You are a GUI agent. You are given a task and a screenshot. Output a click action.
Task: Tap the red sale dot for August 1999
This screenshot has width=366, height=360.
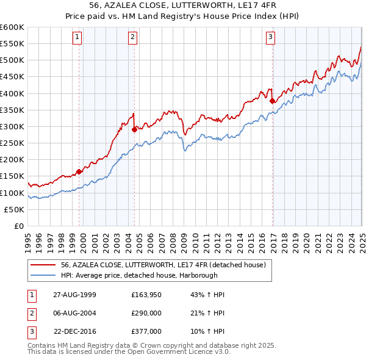79,171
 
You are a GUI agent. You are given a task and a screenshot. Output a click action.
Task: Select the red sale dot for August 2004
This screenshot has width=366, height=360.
134,129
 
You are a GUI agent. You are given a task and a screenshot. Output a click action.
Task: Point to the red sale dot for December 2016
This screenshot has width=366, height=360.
272,101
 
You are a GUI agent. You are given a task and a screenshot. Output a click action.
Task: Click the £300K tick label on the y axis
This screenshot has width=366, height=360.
12,126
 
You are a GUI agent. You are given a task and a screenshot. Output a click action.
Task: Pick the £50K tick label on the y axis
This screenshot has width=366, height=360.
15,209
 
